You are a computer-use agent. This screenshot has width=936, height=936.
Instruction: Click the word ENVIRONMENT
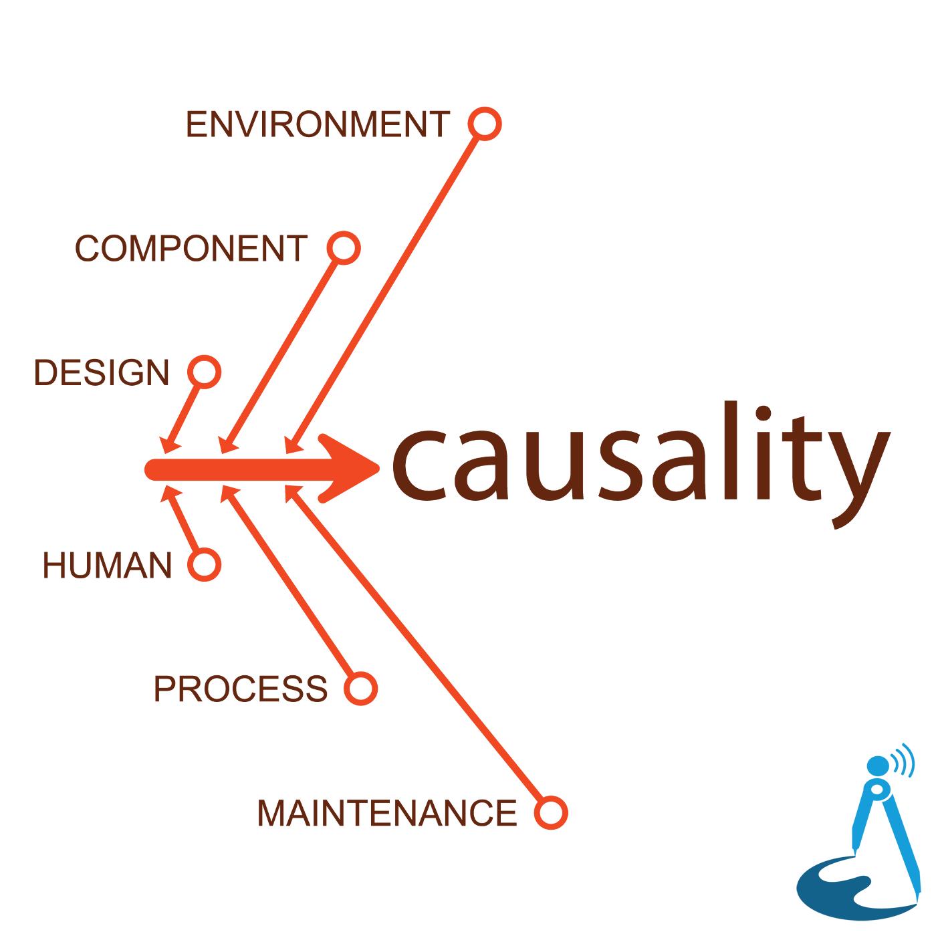[318, 124]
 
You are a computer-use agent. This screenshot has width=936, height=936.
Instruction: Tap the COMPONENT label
[191, 248]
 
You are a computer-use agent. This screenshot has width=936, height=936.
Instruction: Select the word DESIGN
[102, 372]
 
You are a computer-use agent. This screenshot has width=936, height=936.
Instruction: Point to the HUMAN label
[108, 565]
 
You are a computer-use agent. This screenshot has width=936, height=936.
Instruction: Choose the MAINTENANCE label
[386, 812]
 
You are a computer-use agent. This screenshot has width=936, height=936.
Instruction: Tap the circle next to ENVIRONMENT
[485, 124]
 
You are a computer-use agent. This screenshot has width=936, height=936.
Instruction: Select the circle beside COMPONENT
[344, 248]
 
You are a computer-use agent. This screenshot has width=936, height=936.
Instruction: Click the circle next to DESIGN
[204, 372]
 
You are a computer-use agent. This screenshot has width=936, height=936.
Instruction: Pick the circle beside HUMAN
[204, 564]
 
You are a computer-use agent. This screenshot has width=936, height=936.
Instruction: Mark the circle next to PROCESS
[360, 688]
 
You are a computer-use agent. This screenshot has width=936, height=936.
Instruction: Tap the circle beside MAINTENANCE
[551, 812]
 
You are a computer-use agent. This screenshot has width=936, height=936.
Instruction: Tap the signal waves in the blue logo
[903, 760]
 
